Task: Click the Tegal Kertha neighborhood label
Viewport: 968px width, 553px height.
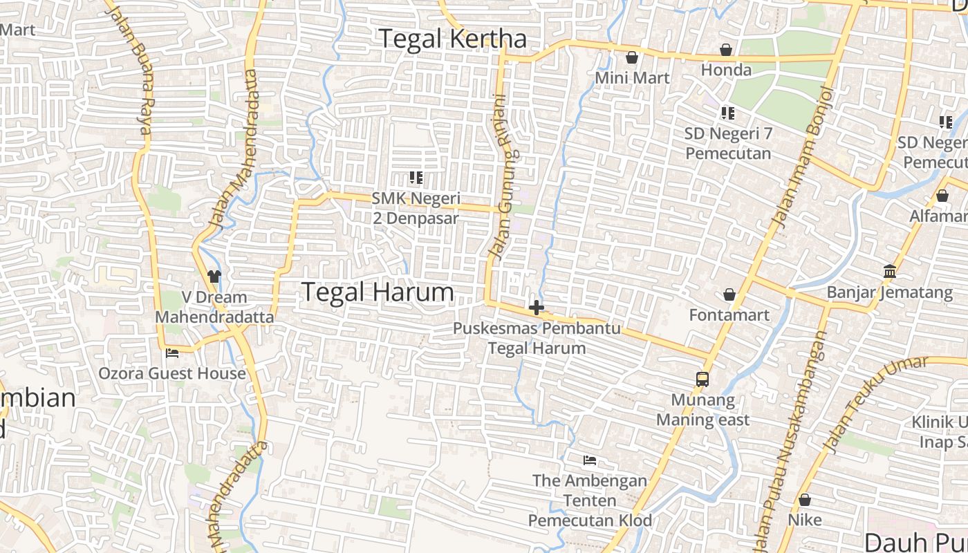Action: [x=453, y=39]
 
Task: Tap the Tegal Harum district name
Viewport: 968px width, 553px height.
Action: [x=378, y=292]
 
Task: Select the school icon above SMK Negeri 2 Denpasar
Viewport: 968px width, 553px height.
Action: [x=416, y=178]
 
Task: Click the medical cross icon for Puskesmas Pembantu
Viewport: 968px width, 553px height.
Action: [x=536, y=308]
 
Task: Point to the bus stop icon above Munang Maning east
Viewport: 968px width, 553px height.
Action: [x=702, y=379]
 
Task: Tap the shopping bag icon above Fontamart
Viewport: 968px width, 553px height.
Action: [x=729, y=295]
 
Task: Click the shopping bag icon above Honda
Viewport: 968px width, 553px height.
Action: [x=726, y=50]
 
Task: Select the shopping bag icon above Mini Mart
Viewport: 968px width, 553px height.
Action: [x=631, y=57]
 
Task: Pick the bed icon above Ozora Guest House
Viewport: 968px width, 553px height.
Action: [x=172, y=353]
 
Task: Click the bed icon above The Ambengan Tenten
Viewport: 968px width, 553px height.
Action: [x=590, y=460]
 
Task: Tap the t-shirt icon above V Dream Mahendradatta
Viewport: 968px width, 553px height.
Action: [x=214, y=276]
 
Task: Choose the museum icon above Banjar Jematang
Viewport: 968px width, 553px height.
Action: [x=889, y=271]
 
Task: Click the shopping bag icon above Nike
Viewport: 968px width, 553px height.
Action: [x=805, y=499]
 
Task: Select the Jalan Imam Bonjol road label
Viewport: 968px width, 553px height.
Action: [x=802, y=158]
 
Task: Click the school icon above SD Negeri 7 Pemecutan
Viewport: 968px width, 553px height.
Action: [x=727, y=113]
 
